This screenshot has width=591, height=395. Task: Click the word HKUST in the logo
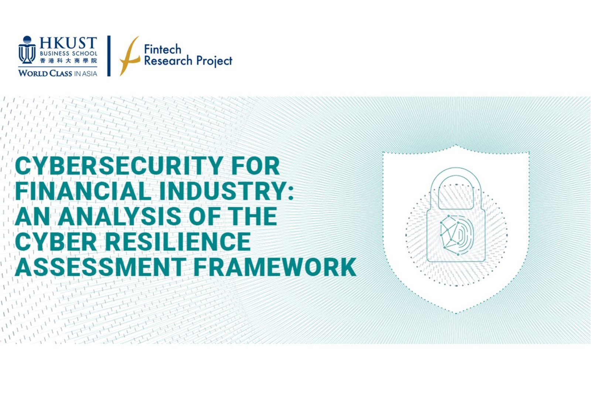click(68, 43)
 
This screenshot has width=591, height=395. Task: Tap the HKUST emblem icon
click(27, 50)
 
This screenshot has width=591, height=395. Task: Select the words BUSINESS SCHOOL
click(69, 53)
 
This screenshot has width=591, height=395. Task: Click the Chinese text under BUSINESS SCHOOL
click(69, 61)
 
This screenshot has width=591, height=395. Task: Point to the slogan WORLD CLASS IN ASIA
click(58, 73)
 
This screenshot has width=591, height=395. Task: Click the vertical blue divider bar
click(109, 56)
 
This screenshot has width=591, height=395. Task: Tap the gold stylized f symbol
click(130, 56)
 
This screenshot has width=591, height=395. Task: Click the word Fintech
click(163, 50)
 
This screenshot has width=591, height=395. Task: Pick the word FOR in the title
click(256, 166)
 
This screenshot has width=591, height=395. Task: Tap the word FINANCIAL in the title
click(83, 191)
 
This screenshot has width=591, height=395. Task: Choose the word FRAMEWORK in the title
click(275, 267)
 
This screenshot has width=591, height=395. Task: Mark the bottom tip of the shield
click(456, 313)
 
